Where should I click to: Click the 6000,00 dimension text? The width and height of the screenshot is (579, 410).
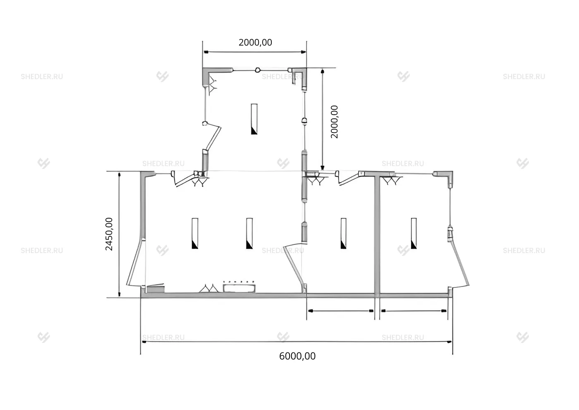point(297,356)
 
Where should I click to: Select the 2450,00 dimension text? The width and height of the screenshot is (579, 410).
point(109,234)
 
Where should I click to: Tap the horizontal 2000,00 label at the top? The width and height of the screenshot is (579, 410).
point(255,42)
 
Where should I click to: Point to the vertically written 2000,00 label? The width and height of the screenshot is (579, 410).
point(334,122)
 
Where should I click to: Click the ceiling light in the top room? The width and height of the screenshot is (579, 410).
point(254,119)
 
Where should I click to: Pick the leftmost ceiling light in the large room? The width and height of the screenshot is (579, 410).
point(195,234)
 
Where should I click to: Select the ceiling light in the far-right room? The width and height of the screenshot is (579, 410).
point(414,234)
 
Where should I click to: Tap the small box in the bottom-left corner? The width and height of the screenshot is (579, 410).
point(156,289)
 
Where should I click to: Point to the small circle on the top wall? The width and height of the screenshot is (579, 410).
point(257,70)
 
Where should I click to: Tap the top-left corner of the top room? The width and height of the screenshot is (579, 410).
point(203,68)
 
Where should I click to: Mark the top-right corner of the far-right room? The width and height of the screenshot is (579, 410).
point(452,171)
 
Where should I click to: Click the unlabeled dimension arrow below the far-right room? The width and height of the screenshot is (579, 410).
point(414,311)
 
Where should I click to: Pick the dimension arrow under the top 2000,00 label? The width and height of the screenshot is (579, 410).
point(255,52)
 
